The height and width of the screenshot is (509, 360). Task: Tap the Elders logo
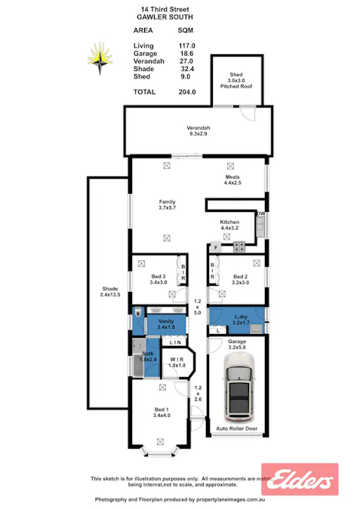310,479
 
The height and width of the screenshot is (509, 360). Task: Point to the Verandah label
198,128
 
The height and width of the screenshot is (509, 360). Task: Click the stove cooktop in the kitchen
240,246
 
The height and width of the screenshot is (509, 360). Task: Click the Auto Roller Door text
237,428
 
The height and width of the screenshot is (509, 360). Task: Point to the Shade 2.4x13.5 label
110,291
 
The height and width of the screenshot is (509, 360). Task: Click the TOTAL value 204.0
186,92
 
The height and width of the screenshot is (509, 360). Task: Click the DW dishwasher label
261,215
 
